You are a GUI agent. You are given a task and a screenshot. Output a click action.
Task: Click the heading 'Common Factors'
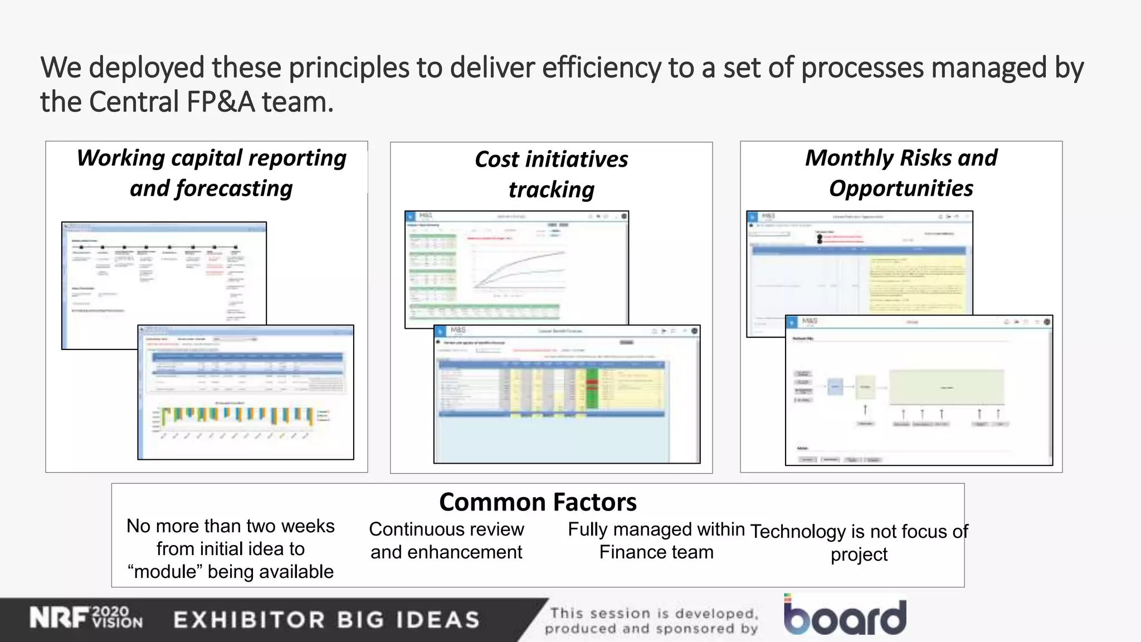pos(538,502)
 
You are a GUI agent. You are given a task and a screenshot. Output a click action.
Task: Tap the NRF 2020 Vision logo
pos(86,618)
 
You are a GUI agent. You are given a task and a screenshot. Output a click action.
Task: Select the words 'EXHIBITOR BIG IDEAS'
pos(326,620)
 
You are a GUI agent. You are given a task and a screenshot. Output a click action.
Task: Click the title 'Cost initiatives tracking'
pos(551,174)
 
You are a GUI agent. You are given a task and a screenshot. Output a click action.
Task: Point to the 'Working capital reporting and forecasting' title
pos(211,173)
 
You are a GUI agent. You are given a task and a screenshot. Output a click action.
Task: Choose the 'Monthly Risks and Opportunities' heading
pos(901,173)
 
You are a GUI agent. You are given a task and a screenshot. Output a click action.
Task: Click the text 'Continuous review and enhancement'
pos(446,541)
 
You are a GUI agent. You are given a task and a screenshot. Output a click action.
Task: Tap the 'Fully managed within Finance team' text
pos(656,541)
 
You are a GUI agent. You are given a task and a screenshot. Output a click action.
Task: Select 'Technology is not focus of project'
pos(859,543)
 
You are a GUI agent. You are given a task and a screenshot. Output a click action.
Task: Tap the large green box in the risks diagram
pos(947,387)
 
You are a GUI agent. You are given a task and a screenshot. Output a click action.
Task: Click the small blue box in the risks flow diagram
pos(835,386)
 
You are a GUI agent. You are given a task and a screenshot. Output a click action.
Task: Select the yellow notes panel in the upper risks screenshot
pos(916,284)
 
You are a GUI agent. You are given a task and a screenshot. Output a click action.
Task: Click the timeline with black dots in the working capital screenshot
pos(158,246)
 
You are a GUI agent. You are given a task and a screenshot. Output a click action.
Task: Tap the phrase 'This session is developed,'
pos(654,614)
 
